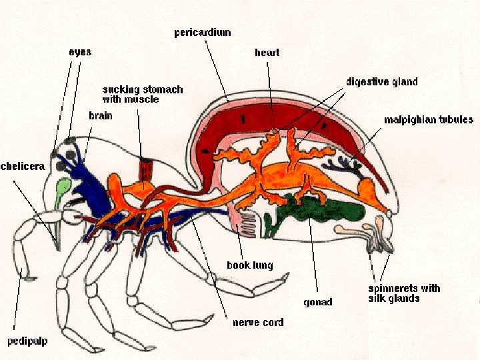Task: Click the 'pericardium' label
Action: (202, 32)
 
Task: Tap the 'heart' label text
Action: (267, 52)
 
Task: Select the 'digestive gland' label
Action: (381, 82)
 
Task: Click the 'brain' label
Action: (101, 115)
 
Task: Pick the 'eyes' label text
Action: (79, 51)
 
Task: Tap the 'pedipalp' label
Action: (27, 341)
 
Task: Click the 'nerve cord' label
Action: (257, 323)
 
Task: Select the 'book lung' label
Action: (250, 265)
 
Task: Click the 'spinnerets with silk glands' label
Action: (404, 293)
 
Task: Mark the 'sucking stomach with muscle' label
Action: (142, 94)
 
